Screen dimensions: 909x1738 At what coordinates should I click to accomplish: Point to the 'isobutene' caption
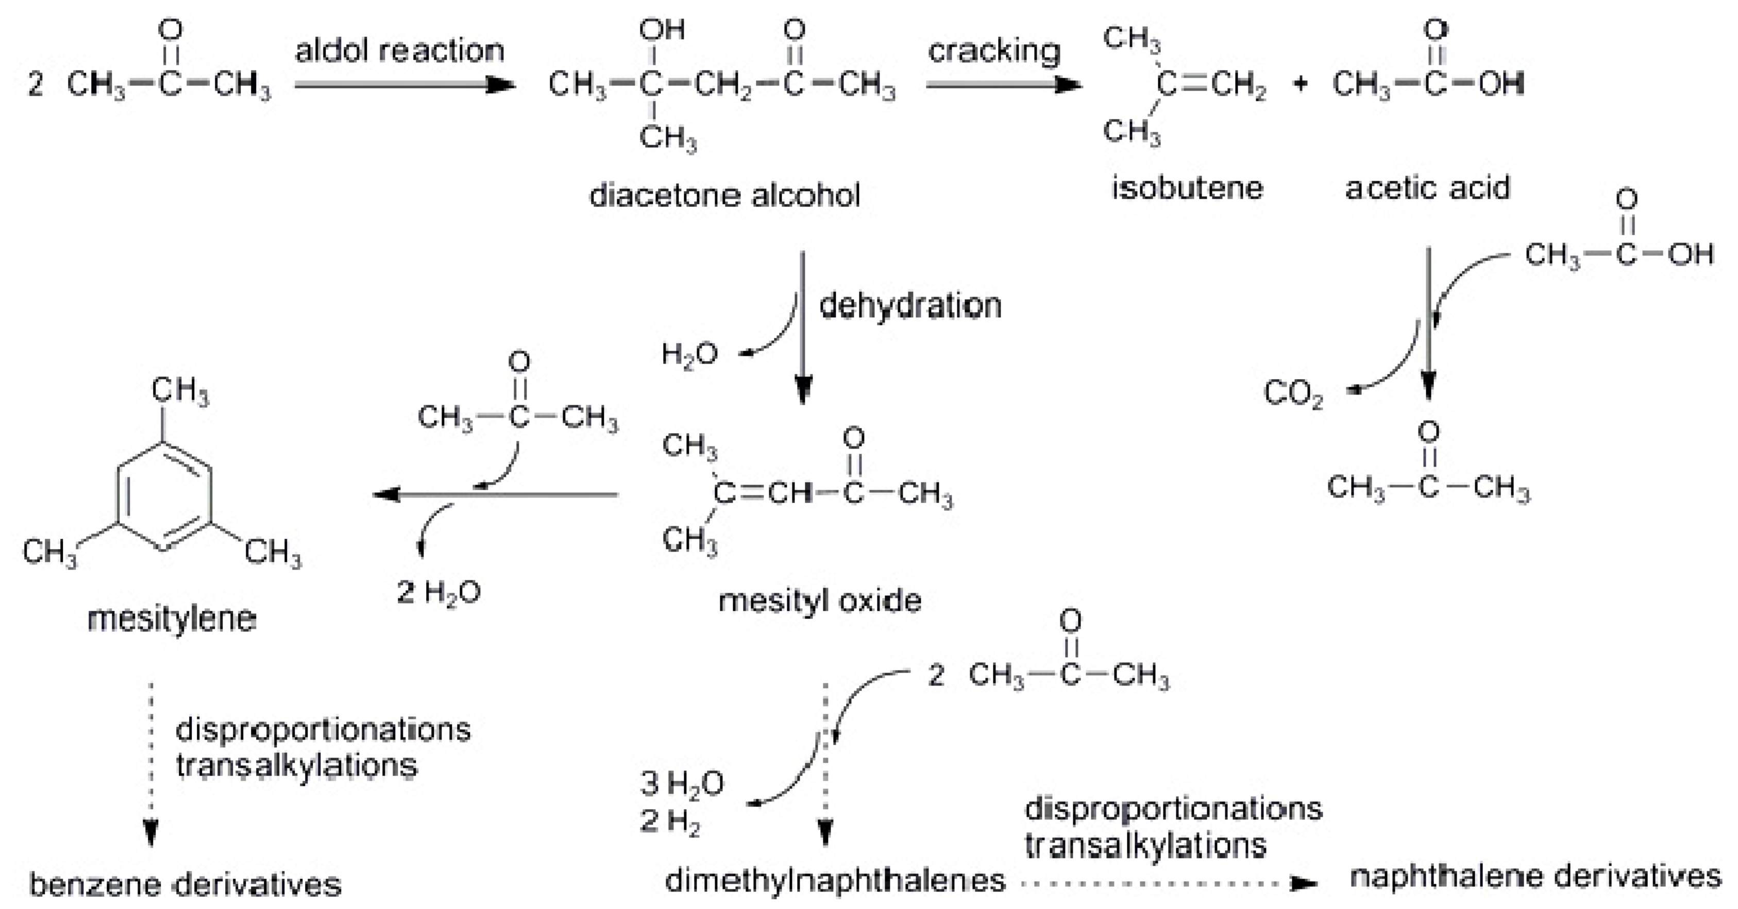tap(1187, 188)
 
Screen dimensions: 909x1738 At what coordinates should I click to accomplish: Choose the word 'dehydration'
tap(910, 305)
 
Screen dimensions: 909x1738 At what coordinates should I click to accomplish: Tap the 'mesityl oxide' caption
tap(820, 600)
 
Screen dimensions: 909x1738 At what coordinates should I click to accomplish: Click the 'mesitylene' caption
tap(172, 619)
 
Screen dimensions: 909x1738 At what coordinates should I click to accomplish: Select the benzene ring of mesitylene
tap(164, 495)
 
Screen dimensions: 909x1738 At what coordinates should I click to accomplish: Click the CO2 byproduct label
tap(1293, 395)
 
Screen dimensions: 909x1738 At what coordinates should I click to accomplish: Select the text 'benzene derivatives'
tap(185, 884)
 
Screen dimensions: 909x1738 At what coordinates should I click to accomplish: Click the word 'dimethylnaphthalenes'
tap(835, 880)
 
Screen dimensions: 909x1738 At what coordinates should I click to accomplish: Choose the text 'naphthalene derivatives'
tap(1535, 877)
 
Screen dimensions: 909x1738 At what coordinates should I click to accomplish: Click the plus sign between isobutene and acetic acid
tap(1300, 84)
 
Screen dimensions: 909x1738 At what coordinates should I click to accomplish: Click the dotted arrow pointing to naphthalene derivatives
tap(1167, 883)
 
